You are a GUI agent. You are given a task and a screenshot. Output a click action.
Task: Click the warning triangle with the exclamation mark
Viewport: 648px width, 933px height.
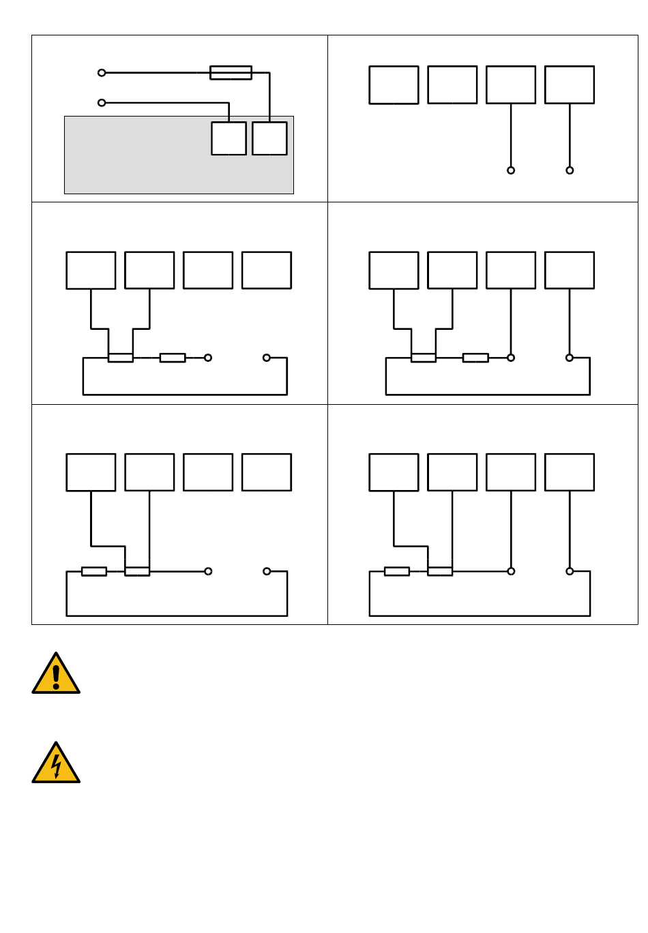[56, 675]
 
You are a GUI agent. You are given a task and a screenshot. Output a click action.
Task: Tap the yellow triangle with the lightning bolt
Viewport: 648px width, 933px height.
[56, 764]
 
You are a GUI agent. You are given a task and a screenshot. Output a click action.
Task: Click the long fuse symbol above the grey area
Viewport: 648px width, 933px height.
[231, 72]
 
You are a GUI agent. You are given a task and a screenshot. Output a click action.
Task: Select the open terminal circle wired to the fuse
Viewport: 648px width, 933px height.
[102, 72]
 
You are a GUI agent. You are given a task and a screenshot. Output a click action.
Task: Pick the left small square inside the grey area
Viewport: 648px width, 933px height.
[229, 138]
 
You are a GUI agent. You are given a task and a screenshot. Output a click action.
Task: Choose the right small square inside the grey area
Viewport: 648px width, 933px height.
[269, 138]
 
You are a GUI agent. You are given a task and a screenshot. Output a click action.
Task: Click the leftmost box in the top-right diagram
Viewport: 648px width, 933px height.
[394, 85]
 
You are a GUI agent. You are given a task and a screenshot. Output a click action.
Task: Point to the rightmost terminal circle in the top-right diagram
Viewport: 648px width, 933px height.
[570, 170]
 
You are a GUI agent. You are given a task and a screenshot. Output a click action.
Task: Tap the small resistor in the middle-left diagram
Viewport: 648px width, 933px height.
[173, 357]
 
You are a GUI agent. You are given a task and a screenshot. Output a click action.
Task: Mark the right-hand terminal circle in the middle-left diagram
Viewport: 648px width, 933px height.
[267, 357]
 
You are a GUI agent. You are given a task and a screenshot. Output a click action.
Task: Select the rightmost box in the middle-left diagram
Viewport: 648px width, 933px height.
[267, 270]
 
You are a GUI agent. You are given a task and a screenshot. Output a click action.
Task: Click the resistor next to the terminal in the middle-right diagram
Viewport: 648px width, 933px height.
[475, 357]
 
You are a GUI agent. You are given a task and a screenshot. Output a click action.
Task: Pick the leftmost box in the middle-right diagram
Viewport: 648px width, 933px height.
[394, 270]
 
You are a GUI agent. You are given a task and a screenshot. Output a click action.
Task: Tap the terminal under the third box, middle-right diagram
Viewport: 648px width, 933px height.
[511, 357]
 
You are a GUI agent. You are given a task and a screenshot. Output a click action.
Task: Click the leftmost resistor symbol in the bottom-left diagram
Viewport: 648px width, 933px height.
[94, 571]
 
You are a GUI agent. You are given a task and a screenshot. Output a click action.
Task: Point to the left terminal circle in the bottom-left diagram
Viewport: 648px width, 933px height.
[208, 571]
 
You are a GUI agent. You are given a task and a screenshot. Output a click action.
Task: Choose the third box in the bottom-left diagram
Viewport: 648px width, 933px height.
[208, 472]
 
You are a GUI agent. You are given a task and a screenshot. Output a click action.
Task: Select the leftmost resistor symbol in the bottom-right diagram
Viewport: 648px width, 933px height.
[397, 571]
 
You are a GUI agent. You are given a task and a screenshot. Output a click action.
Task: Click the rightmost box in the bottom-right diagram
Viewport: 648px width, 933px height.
[570, 472]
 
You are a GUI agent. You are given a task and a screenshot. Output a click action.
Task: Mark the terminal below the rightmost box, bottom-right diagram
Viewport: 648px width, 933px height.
[570, 571]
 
